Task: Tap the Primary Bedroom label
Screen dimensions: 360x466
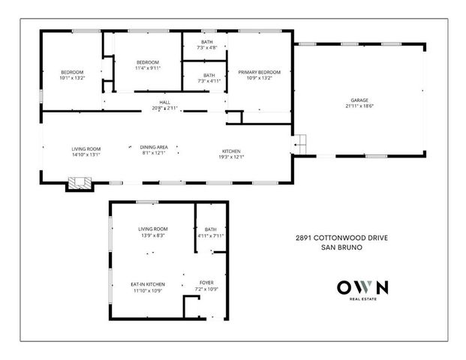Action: pos(254,72)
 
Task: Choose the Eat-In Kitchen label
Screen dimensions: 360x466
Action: pos(147,284)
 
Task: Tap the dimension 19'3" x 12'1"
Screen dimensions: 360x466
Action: pos(232,157)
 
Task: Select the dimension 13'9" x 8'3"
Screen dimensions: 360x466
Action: pos(152,235)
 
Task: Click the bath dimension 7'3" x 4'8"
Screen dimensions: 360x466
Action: pos(206,48)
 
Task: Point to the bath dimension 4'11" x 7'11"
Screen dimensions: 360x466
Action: pos(210,236)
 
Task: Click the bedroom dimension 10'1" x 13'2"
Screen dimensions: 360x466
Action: pos(72,78)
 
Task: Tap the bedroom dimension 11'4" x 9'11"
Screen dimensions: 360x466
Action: pos(148,68)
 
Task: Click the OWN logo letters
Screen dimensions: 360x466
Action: pos(362,287)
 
